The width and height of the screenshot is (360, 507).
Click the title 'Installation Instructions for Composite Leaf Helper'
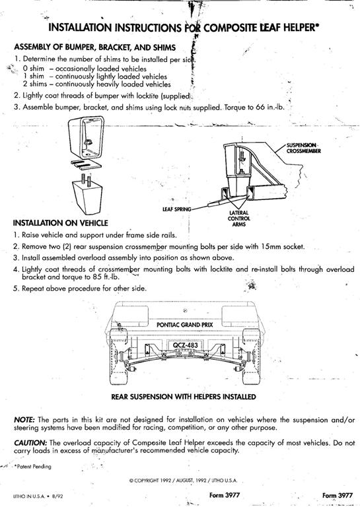[184, 28]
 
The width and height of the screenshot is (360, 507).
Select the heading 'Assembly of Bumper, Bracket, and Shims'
[94, 48]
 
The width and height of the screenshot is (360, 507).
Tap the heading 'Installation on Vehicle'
[61, 222]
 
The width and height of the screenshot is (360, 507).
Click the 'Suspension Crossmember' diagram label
[303, 148]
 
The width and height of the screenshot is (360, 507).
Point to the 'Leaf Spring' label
[176, 209]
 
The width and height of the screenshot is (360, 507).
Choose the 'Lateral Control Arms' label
[238, 219]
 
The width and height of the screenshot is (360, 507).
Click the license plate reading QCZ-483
[185, 345]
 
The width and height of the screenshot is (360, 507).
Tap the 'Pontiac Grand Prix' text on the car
[185, 325]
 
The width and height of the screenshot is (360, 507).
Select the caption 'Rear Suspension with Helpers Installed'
[184, 397]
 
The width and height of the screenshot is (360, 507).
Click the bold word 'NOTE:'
[24, 420]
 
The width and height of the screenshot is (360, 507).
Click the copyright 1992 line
[183, 481]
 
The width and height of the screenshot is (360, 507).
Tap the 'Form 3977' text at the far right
[338, 495]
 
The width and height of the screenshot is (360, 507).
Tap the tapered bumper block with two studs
[87, 194]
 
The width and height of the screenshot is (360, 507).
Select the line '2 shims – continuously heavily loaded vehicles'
[96, 84]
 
